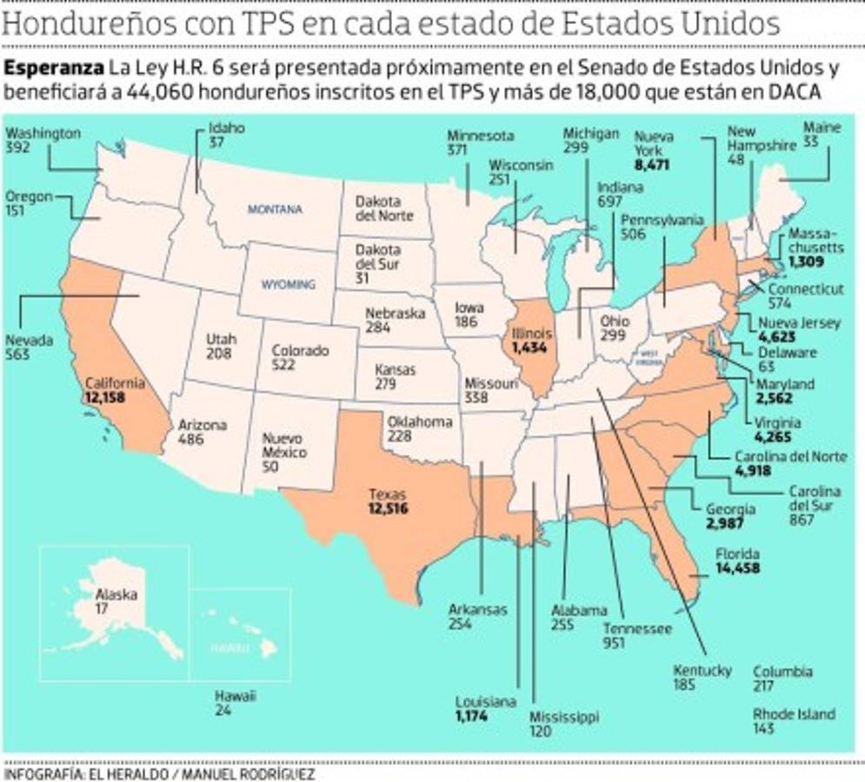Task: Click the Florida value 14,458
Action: [x=737, y=569]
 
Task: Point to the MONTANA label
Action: [x=275, y=209]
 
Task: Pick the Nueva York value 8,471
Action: [x=652, y=164]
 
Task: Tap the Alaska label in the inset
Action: [x=116, y=594]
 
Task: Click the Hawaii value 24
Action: [x=223, y=711]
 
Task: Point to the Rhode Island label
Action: [x=794, y=714]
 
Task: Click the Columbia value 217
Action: [x=763, y=686]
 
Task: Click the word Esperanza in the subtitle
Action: [x=54, y=68]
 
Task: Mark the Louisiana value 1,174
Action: [x=471, y=717]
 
